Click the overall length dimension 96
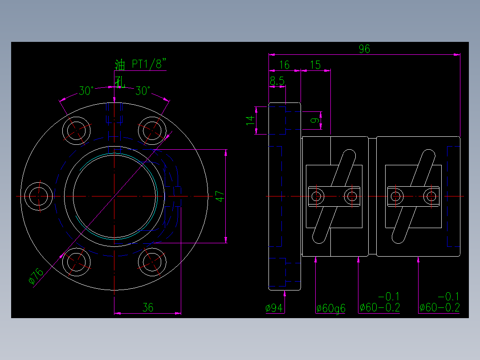[x=364, y=49]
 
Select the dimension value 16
[x=284, y=65]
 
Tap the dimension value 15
[x=315, y=65]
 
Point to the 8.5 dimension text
[x=277, y=81]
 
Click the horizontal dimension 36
[x=148, y=307]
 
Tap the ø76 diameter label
[x=36, y=276]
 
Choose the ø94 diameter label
[x=274, y=308]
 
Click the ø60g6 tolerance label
[x=331, y=308]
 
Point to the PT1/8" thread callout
[x=149, y=65]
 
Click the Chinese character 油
[x=120, y=65]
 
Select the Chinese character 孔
[x=119, y=82]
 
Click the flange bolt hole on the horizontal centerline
[x=39, y=196]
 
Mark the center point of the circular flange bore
[x=114, y=196]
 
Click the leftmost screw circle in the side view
[x=317, y=196]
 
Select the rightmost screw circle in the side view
[x=431, y=196]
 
